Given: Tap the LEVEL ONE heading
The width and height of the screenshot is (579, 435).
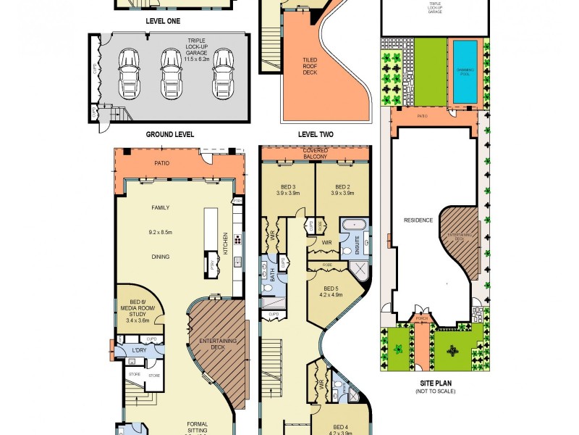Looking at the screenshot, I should click(163, 22).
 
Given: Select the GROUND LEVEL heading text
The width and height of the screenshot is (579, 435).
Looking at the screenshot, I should click(170, 134).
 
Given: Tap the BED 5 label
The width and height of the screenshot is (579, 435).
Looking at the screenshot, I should click(334, 291).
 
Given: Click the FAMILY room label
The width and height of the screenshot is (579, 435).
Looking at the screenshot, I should click(160, 207).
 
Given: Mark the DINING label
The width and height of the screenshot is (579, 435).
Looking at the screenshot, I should click(160, 257).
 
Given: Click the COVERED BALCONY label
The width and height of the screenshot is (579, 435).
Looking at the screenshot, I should click(315, 154).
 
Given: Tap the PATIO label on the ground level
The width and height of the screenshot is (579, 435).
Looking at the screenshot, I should click(162, 163).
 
